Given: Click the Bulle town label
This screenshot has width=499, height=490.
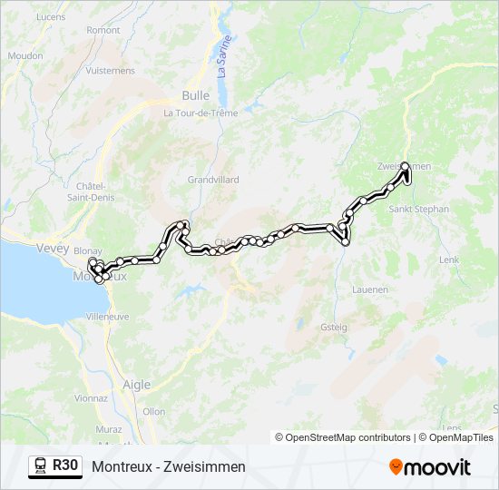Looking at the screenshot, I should click(195, 95).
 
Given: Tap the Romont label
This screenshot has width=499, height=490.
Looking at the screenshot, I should click(103, 30).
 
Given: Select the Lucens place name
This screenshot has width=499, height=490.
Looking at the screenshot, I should click(51, 16).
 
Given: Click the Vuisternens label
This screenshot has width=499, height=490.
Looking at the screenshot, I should click(110, 70).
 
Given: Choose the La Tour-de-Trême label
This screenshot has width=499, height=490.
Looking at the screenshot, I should click(200, 113).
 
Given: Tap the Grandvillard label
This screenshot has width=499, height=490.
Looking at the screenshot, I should click(212, 180).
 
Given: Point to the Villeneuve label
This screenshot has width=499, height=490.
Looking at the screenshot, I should click(107, 317).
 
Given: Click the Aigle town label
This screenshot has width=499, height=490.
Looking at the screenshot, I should click(136, 385).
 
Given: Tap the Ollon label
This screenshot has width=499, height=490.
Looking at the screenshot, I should click(154, 411).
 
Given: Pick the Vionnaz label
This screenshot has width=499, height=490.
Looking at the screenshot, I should click(92, 397).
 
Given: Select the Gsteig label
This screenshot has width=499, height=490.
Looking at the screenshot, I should click(333, 327).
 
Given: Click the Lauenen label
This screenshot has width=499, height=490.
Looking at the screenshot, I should click(369, 289).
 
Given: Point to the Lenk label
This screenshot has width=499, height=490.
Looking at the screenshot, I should click(449, 260).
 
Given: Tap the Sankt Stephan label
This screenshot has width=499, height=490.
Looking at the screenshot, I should click(418, 209).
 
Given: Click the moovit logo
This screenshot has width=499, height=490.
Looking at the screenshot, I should click(430, 467).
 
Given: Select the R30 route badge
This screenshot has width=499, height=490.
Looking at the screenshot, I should click(55, 466).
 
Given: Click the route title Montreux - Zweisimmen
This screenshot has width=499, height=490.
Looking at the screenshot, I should click(169, 466).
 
